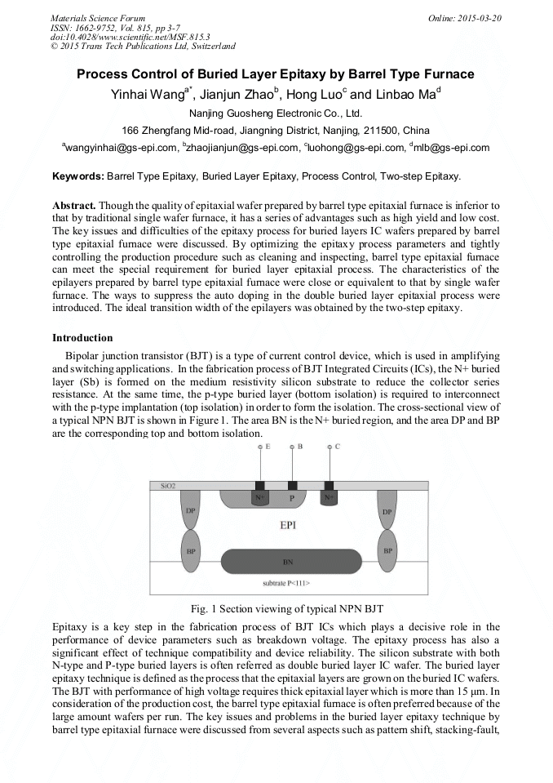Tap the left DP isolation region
point(190,511)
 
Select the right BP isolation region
point(387,551)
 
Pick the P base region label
point(289,497)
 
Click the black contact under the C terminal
point(329,485)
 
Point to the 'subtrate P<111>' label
point(285,585)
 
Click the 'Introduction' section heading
point(82,337)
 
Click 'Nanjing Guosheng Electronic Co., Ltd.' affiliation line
point(275,113)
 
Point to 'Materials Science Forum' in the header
point(98,18)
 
